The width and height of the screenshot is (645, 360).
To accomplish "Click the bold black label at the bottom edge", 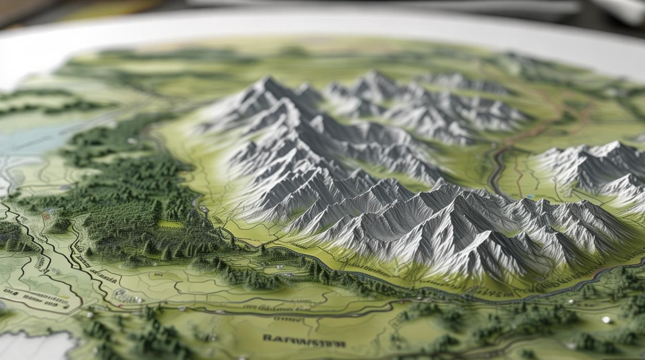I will pos(304,342).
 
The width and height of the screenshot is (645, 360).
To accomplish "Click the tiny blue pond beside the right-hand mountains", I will pos(529,197).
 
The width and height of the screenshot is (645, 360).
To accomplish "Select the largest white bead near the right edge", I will pos(606,319).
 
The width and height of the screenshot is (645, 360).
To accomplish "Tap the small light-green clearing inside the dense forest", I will pos(170,224).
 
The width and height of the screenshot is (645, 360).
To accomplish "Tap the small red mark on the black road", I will pos(119,305).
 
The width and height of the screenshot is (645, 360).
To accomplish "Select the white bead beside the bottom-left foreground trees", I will pos(90,315).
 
